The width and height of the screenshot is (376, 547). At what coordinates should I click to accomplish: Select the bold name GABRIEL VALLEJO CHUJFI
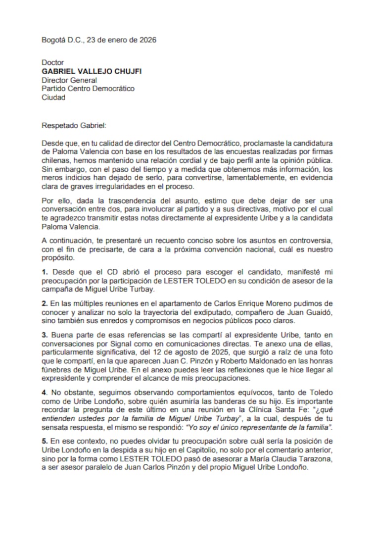pyautogui.click(x=92, y=71)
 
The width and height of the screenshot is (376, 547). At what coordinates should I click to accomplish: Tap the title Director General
pyautogui.click(x=69, y=80)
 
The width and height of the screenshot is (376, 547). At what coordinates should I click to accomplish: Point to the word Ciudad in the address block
pyautogui.click(x=53, y=98)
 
